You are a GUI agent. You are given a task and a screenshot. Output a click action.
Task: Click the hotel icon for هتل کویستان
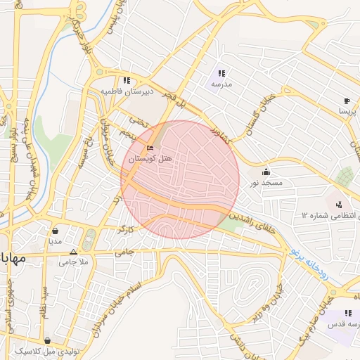click(149, 148)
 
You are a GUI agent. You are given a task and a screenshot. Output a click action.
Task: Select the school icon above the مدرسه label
click(221, 73)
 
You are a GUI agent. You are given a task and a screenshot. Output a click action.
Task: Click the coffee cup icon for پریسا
click(347, 101)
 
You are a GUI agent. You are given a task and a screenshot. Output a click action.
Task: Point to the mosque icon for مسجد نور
click(266, 172)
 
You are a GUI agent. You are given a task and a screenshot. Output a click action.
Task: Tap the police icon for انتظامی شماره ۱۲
click(340, 205)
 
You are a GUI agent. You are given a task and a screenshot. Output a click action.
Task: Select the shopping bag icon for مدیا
click(56, 231)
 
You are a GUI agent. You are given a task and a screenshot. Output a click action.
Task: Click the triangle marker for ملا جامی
click(73, 252)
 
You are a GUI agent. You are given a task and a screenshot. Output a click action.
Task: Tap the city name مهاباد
click(13, 257)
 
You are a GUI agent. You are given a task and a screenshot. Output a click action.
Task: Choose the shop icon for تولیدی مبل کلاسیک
click(47, 340)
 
